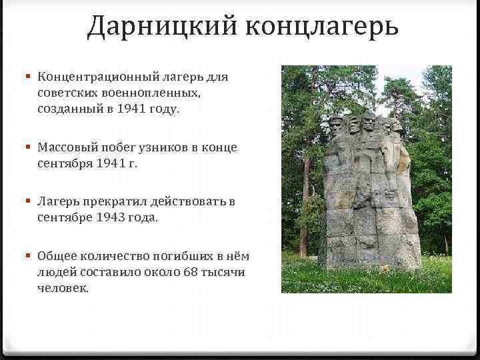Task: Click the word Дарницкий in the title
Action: tap(162, 27)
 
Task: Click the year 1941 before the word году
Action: tap(135, 109)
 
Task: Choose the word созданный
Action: tap(70, 109)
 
